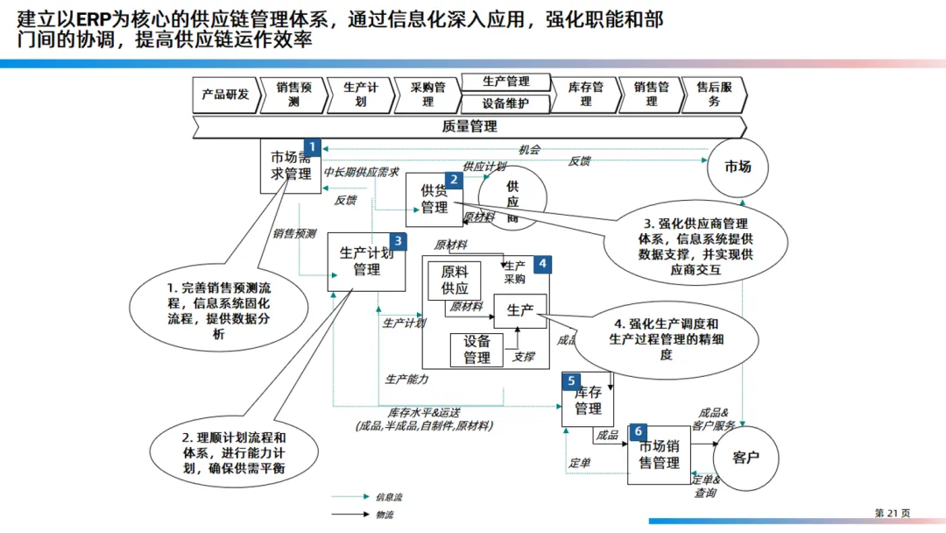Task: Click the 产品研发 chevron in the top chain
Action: [x=225, y=95]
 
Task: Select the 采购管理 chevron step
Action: [x=427, y=95]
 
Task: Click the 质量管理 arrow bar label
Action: [x=469, y=127]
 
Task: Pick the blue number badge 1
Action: [x=313, y=147]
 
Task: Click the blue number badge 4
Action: [x=542, y=263]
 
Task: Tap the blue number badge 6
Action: [x=639, y=431]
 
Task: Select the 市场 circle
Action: [x=738, y=167]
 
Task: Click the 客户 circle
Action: [x=745, y=458]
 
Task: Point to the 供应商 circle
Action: [x=512, y=197]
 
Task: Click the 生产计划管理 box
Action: [x=366, y=262]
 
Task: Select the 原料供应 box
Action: [x=455, y=281]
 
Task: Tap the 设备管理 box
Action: [x=477, y=350]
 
